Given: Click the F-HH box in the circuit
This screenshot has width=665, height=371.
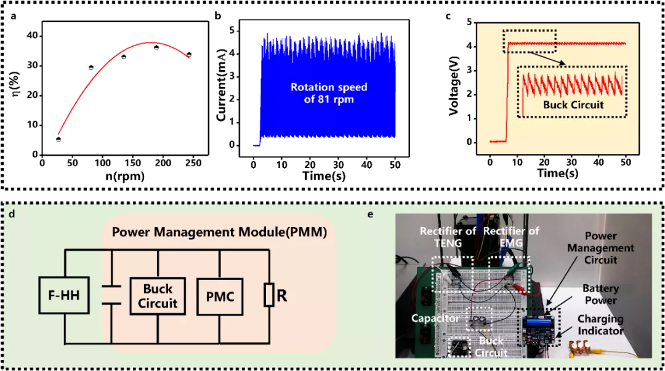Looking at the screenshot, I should (x=64, y=296).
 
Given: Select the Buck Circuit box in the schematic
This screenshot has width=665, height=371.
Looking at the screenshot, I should (x=158, y=296).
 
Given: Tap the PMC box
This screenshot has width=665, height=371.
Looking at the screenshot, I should (x=220, y=296).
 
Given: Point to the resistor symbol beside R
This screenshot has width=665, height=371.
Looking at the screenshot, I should (x=268, y=296).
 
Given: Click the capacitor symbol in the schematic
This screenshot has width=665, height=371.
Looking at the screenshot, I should (x=111, y=295).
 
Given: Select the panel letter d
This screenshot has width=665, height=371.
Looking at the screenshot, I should (x=12, y=214).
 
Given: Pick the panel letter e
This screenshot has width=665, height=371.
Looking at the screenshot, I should (x=371, y=214).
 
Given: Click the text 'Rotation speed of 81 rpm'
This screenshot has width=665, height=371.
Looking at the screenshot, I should (x=329, y=93).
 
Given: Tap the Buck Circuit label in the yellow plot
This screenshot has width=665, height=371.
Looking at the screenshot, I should (x=573, y=105).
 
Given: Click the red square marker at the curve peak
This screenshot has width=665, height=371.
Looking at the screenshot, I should (x=147, y=46).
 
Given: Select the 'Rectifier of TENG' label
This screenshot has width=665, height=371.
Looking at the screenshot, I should (x=448, y=237).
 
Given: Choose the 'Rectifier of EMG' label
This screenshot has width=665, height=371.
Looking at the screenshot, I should (x=511, y=237).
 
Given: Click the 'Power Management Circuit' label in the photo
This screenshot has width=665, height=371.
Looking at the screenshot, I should (x=600, y=248).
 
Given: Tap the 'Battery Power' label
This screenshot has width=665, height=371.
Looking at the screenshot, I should (x=600, y=295).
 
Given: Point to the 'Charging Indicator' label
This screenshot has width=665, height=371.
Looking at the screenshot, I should (x=600, y=325).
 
